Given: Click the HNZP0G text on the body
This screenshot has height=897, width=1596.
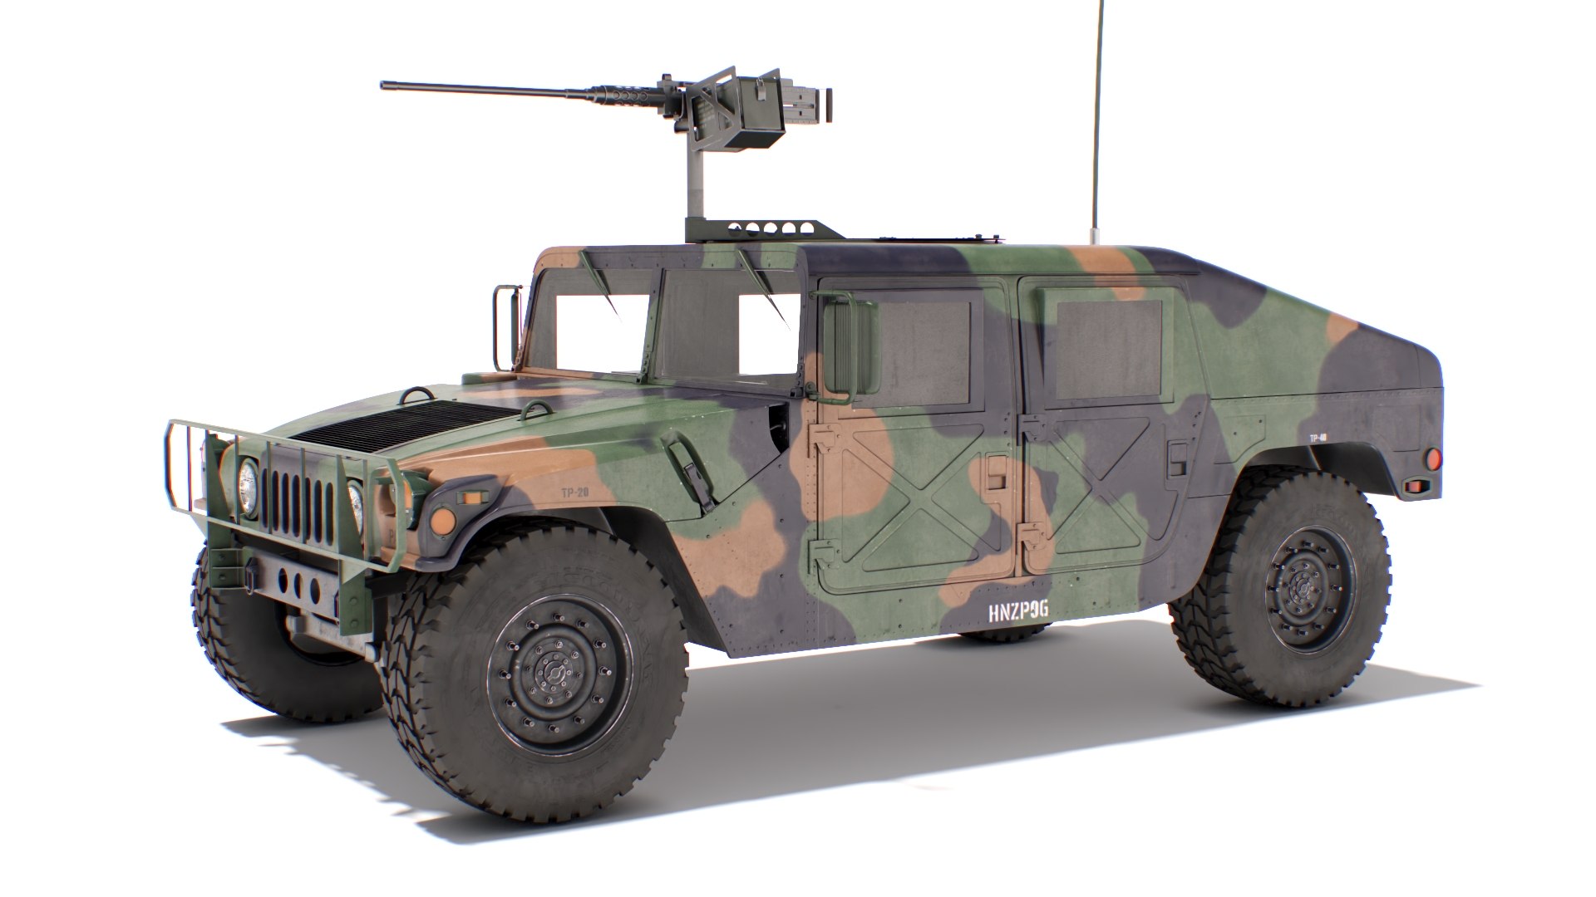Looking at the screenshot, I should pyautogui.click(x=1017, y=612).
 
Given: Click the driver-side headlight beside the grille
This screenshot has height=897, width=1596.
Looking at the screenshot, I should pyautogui.click(x=248, y=488).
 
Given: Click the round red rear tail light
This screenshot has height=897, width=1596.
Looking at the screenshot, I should pyautogui.click(x=1431, y=458).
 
